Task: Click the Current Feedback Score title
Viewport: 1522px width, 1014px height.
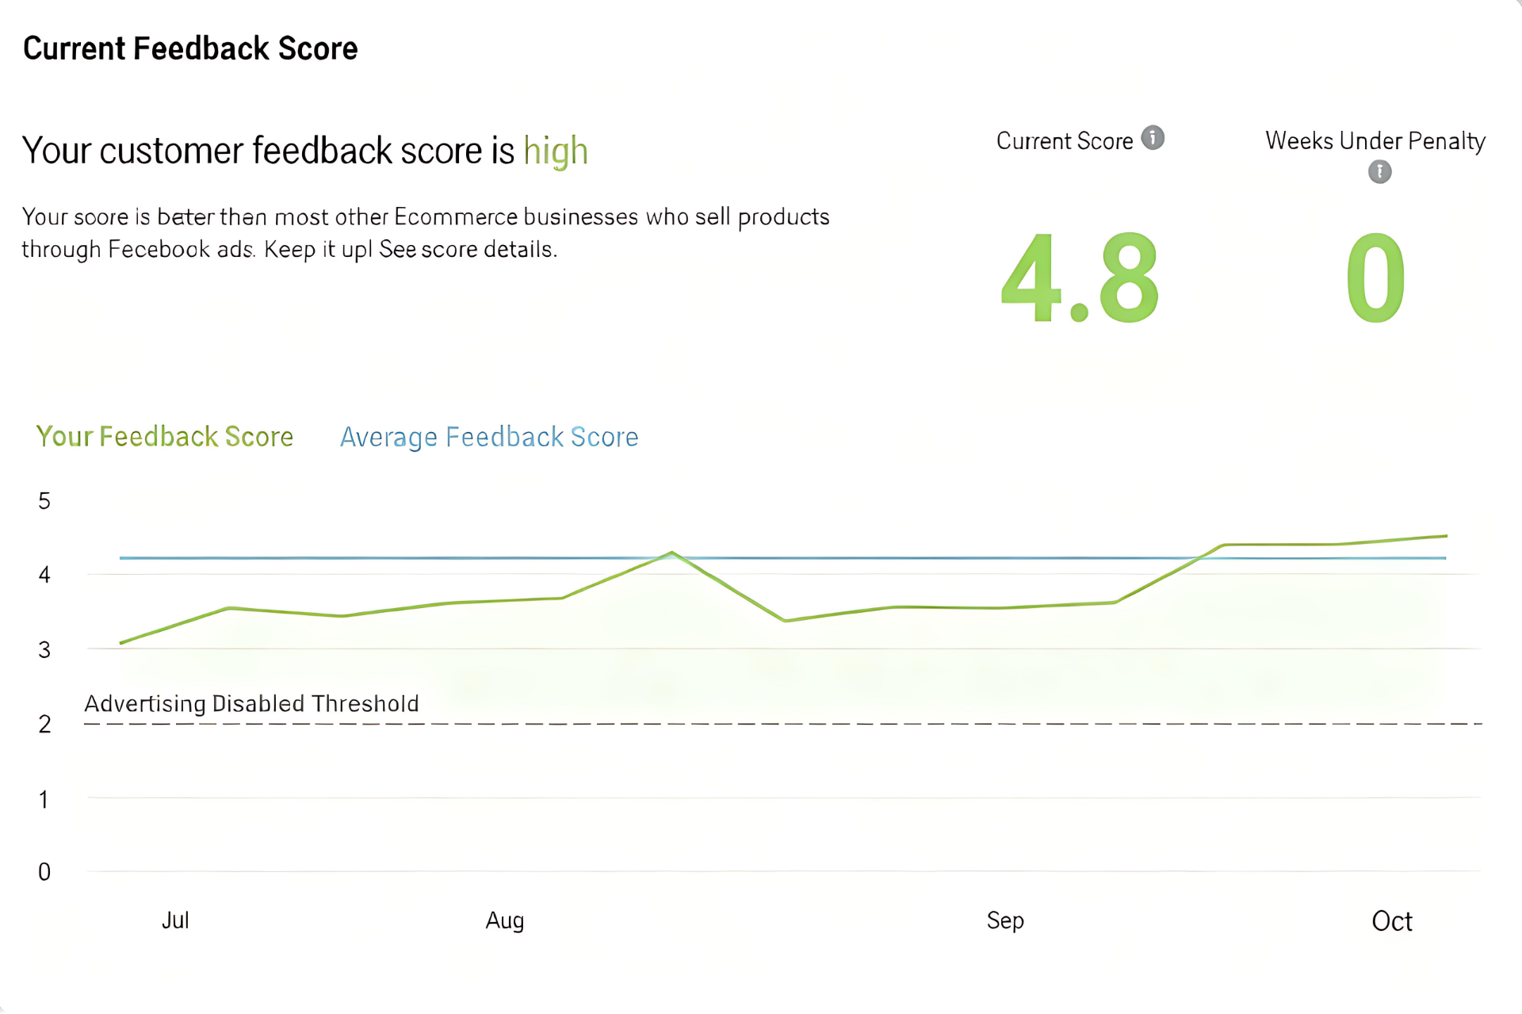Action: click(x=190, y=49)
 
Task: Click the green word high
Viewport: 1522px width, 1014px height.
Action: click(x=556, y=151)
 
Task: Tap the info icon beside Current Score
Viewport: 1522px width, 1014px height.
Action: click(x=1153, y=138)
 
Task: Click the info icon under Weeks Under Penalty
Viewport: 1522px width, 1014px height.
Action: click(x=1379, y=171)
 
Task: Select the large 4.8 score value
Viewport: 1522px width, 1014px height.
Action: click(x=1079, y=278)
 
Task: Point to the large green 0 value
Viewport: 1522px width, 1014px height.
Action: click(x=1375, y=278)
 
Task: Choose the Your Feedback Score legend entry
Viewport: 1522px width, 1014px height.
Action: click(x=165, y=437)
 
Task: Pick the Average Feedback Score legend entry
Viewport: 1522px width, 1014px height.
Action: click(x=489, y=437)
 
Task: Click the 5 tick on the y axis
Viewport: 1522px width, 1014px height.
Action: click(x=44, y=501)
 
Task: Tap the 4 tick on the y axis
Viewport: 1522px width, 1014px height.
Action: click(x=44, y=575)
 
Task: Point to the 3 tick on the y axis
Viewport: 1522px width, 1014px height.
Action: click(x=44, y=650)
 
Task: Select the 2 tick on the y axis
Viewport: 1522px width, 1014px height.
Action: click(x=44, y=724)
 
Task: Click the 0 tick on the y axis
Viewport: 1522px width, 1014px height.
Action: click(x=44, y=872)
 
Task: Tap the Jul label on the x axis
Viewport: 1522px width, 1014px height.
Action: click(x=175, y=920)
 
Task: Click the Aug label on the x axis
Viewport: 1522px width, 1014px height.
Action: click(x=505, y=920)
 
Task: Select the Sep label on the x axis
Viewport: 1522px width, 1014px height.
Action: click(x=1005, y=920)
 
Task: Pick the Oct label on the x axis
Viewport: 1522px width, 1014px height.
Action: click(x=1392, y=921)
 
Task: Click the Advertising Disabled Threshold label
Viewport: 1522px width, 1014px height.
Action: click(x=251, y=704)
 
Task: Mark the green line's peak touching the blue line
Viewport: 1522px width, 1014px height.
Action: click(x=671, y=553)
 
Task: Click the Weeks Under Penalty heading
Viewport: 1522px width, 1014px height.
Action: click(x=1375, y=141)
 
